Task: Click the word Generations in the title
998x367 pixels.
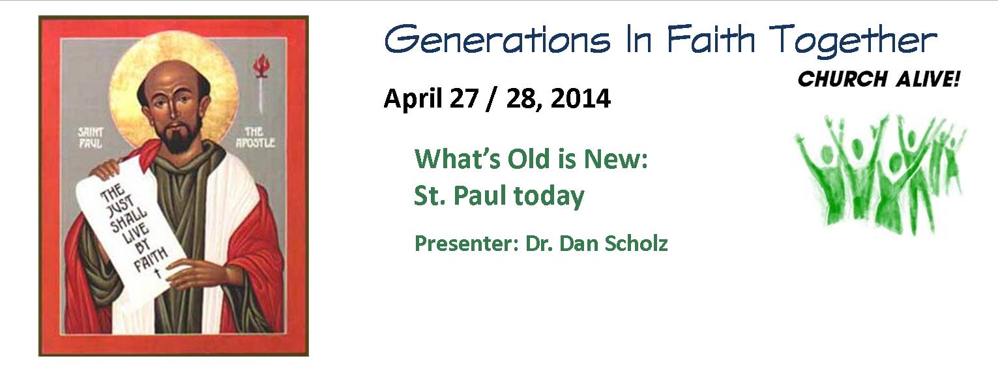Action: point(497,40)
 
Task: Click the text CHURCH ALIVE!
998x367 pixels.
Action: point(878,80)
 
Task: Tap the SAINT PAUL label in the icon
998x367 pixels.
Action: point(91,138)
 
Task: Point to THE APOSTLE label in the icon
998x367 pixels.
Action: point(255,137)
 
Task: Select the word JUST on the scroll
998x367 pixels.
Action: point(121,209)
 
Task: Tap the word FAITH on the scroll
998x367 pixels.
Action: point(151,259)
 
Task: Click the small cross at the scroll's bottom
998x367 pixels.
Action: point(157,272)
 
